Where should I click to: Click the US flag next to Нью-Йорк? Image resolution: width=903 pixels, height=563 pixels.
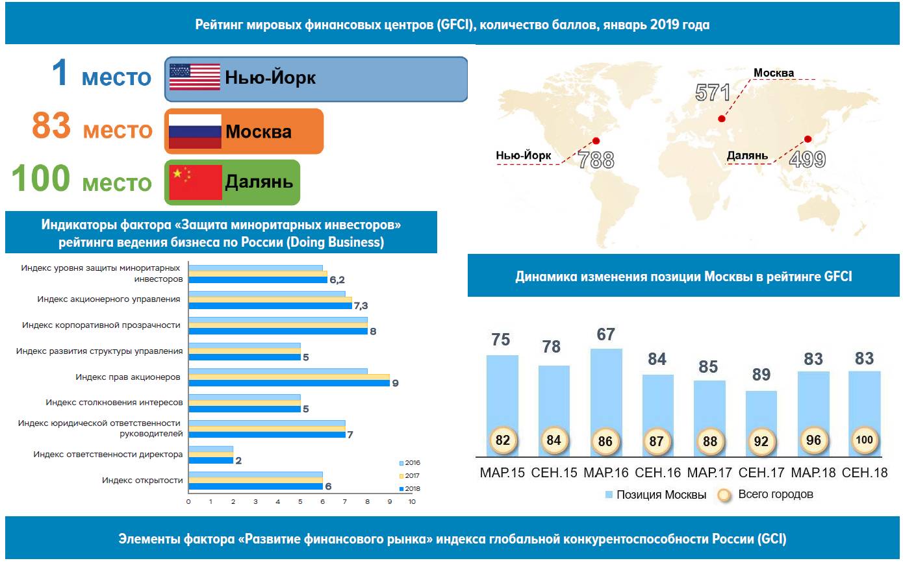(195, 77)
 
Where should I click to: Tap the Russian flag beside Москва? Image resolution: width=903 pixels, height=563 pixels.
(195, 131)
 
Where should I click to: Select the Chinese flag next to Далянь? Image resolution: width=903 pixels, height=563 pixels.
(195, 182)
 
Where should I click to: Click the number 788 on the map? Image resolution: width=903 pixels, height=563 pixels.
(596, 160)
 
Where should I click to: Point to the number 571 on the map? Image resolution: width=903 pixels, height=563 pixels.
(713, 93)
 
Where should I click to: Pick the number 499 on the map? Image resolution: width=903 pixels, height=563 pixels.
(807, 160)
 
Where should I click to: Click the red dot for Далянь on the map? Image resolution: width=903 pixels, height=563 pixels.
(808, 139)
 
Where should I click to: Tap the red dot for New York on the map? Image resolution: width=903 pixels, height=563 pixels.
(596, 140)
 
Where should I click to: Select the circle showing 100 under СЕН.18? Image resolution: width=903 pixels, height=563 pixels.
(865, 440)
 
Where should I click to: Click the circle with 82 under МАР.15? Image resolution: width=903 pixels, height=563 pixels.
(502, 440)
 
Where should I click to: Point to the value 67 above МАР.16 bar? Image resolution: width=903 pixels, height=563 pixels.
(605, 334)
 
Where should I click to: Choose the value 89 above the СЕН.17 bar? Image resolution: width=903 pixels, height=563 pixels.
(761, 375)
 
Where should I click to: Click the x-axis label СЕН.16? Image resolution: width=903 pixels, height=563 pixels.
(657, 473)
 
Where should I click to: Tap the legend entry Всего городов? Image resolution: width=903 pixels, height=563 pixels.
(775, 494)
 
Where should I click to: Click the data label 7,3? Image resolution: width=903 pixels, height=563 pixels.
(361, 306)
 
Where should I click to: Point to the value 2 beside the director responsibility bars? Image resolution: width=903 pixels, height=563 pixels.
(238, 461)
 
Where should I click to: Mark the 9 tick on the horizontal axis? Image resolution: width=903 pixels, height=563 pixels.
(389, 501)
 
